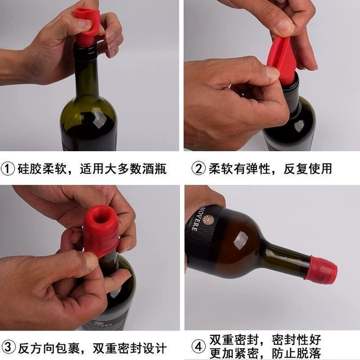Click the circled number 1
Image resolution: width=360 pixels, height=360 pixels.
pos(8,169)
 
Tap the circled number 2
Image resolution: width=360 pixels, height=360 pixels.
pos(199,169)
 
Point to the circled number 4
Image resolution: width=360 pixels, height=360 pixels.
pos(199,347)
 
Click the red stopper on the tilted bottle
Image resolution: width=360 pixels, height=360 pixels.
pos(321,270)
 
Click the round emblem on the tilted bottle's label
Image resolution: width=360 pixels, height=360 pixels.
pos(208,220)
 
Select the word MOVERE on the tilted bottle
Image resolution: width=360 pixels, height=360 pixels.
pos(196,219)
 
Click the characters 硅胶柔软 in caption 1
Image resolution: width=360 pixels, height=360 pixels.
pos(41,169)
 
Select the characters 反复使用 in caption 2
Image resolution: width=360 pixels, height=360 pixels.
pos(307,169)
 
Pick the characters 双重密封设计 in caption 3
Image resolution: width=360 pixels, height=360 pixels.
pos(130,348)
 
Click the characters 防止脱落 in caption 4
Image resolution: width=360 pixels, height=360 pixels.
pos(296,353)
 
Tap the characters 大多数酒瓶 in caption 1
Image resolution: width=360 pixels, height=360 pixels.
pos(136,169)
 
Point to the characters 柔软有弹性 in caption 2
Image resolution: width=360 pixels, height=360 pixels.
pos(239,169)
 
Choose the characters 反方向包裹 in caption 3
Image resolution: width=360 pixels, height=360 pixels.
pos(49,348)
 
